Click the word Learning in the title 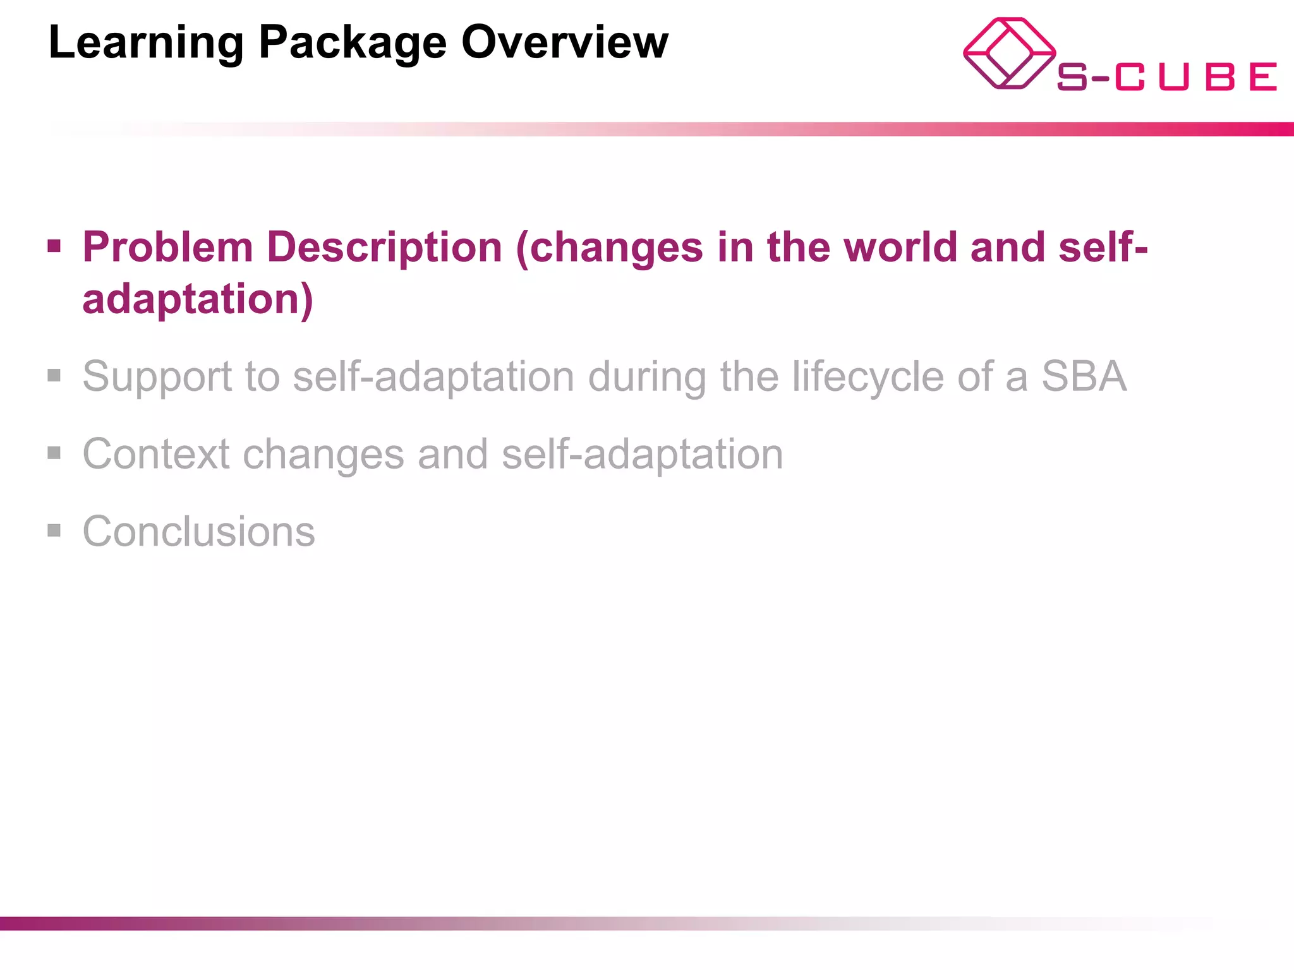pyautogui.click(x=146, y=43)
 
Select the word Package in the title pyautogui.click(x=353, y=43)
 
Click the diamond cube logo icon pyautogui.click(x=1009, y=54)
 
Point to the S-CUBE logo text pyautogui.click(x=1166, y=77)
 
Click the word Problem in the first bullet pyautogui.click(x=167, y=247)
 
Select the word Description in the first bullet pyautogui.click(x=384, y=247)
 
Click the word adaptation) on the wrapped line pyautogui.click(x=198, y=299)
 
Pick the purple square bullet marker pyautogui.click(x=54, y=246)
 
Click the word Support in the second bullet pyautogui.click(x=157, y=377)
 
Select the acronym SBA pyautogui.click(x=1084, y=377)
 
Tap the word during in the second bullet pyautogui.click(x=647, y=377)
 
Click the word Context pyautogui.click(x=156, y=454)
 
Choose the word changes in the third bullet pyautogui.click(x=323, y=455)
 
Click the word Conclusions pyautogui.click(x=198, y=532)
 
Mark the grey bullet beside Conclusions pyautogui.click(x=54, y=530)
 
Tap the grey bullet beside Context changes pyautogui.click(x=54, y=453)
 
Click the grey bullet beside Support pyautogui.click(x=54, y=376)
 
